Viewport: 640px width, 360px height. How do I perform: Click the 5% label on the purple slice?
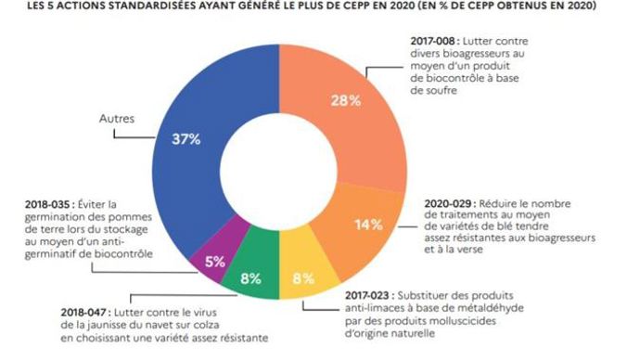point(215,262)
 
